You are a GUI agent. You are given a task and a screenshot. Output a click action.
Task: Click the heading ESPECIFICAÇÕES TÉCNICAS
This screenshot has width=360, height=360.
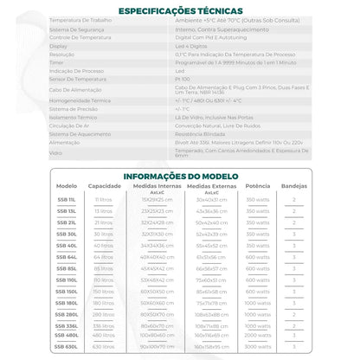tap(179, 11)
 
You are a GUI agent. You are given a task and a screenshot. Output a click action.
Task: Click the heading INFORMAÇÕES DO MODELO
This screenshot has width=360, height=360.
tap(179, 176)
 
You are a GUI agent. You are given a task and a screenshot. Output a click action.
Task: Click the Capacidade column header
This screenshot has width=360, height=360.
tap(104, 186)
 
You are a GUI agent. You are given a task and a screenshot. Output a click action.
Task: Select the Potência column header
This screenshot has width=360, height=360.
tap(257, 186)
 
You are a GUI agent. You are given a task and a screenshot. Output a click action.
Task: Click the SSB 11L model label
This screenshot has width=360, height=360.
tap(66, 199)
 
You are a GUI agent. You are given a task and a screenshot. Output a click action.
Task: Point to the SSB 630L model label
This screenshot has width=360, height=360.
tap(66, 346)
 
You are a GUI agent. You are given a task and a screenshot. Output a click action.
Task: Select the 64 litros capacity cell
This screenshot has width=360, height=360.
tap(104, 257)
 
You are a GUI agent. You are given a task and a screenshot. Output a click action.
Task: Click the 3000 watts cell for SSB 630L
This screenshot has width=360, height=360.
tap(257, 346)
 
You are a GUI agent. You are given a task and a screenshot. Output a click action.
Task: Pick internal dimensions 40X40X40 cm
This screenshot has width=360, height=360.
tap(157, 257)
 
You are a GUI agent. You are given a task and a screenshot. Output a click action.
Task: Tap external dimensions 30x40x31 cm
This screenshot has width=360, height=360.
tap(211, 199)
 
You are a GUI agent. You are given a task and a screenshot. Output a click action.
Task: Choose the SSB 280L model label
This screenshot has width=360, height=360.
tap(66, 315)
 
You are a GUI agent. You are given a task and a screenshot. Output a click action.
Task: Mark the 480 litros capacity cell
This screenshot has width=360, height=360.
tap(104, 335)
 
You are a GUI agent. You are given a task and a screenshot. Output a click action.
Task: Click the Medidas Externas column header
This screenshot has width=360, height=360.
tap(211, 186)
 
